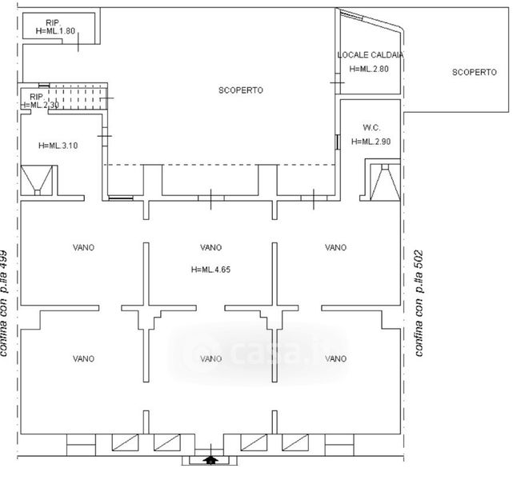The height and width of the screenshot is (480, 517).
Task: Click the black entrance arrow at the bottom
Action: click(x=210, y=460)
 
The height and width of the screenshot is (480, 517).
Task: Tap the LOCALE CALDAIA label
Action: click(x=371, y=55)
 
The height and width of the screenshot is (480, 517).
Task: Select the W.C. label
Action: click(x=371, y=127)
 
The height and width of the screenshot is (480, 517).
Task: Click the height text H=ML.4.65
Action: click(x=210, y=270)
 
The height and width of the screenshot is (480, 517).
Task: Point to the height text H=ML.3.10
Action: click(x=58, y=146)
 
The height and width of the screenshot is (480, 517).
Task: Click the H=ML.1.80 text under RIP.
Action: click(x=55, y=31)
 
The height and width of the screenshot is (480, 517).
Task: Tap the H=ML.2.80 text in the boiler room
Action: click(x=369, y=69)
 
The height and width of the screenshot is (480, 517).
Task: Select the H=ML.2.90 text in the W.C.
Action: click(x=371, y=142)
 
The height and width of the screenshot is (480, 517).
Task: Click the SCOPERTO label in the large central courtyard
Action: click(x=241, y=90)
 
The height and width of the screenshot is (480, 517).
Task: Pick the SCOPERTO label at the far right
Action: click(x=474, y=72)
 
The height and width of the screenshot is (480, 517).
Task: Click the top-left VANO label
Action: click(x=83, y=247)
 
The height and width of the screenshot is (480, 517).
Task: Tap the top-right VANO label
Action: click(x=335, y=247)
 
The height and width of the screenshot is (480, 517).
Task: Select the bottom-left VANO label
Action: click(x=83, y=358)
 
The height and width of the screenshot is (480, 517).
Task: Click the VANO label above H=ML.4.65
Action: click(x=210, y=247)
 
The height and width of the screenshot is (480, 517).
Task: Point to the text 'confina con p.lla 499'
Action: click(x=4, y=303)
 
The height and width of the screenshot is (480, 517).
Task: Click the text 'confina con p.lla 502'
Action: click(x=419, y=303)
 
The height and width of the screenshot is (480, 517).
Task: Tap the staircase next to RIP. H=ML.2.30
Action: click(x=78, y=98)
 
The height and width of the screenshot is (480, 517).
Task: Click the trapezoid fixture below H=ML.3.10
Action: click(x=37, y=180)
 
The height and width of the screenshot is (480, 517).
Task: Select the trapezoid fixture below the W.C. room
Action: click(x=385, y=182)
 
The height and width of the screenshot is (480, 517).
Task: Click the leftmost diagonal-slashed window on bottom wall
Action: click(x=125, y=442)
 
